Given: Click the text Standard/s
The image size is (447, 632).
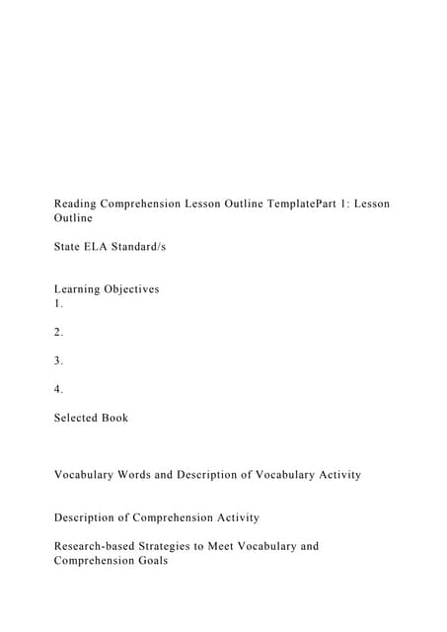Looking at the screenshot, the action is coord(143,246).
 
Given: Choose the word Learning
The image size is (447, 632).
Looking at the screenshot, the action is coord(80,289).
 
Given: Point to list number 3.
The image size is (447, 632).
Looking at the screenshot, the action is coord(58,360).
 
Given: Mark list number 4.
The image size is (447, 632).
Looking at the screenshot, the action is coord(58,389).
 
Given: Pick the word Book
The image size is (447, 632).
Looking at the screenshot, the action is coord(115,418).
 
